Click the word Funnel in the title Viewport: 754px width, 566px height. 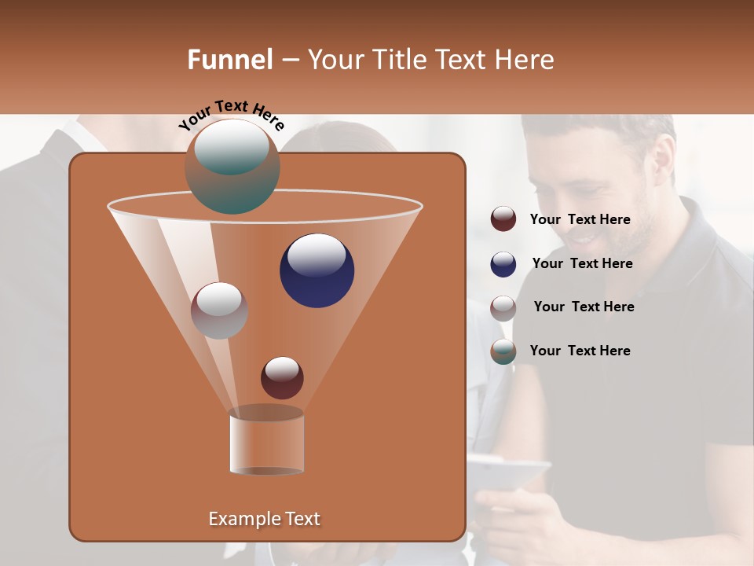point(230,60)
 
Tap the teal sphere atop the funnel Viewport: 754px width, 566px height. point(232,167)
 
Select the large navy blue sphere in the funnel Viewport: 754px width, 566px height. point(317,270)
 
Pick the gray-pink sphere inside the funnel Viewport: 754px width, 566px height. point(220,311)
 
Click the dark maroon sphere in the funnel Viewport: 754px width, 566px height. point(282,378)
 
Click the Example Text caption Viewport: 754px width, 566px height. point(265,519)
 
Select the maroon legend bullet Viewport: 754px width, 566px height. point(503,219)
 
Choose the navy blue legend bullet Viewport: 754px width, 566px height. point(503,264)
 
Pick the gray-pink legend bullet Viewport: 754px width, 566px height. point(503,307)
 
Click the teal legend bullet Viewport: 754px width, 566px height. point(503,351)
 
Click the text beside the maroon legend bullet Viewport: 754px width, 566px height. point(580,220)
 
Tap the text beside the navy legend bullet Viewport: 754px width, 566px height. point(582,264)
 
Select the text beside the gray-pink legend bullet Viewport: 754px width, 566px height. point(584,307)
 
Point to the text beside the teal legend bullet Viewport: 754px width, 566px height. point(580,351)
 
